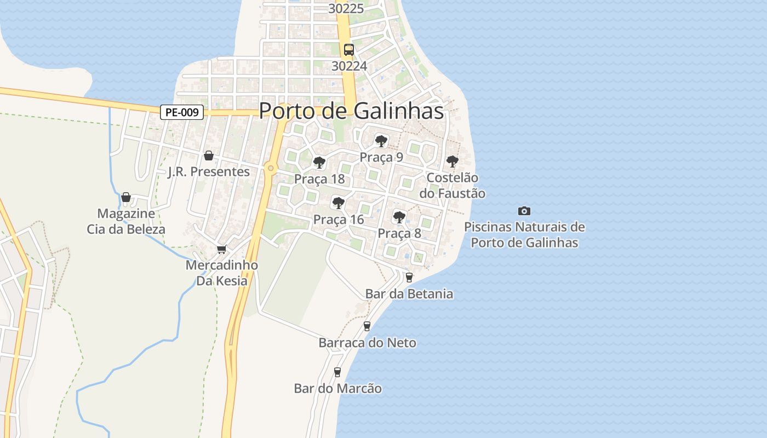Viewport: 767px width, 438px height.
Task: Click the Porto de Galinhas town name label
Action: point(351,111)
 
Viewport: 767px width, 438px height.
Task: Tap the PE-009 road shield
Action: point(182,113)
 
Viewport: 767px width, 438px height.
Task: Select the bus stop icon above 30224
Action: point(349,50)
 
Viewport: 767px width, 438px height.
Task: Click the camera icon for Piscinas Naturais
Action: point(524,211)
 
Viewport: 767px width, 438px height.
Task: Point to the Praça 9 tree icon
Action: point(381,141)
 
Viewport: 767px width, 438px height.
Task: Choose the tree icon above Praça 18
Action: point(319,163)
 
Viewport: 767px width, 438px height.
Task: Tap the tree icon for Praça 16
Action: point(339,204)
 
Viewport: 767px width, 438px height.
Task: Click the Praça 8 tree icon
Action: point(399,217)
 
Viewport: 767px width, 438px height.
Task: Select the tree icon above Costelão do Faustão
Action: point(452,162)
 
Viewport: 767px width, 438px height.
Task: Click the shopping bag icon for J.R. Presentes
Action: point(209,156)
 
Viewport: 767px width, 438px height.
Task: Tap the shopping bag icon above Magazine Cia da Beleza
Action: point(126,197)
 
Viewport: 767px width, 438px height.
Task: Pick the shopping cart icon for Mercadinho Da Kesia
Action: point(221,250)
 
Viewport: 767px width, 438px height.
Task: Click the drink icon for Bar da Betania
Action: point(409,278)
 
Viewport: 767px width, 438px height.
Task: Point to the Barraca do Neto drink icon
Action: point(367,326)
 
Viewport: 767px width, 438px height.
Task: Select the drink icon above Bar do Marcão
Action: point(337,372)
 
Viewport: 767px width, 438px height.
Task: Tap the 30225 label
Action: point(346,9)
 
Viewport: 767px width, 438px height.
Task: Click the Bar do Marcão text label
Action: point(338,389)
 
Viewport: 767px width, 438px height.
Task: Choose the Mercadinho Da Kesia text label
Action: point(222,273)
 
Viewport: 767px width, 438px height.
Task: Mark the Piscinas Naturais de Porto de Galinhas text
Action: point(524,234)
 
